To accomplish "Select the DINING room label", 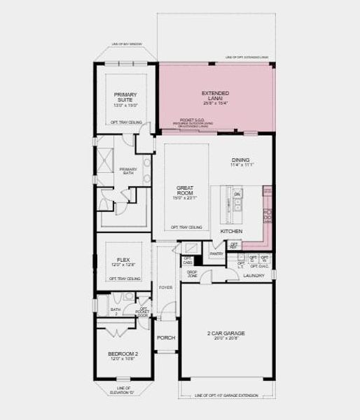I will point(241,160).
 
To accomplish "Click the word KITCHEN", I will point(231,231).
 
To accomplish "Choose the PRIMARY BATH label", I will point(128,171).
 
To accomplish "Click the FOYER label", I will point(165,287).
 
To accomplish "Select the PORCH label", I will point(166,338).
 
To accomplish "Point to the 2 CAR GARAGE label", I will point(223,333).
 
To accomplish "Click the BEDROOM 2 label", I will point(123,354).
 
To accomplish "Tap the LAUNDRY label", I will point(254,276).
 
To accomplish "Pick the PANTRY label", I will point(216,254).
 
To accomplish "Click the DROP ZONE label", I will point(192,274).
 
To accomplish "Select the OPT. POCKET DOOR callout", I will point(143,311).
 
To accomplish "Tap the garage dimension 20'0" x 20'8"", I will point(223,339).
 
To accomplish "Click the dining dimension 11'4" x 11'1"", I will point(241,165).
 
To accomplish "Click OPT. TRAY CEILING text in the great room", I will point(187,227).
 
